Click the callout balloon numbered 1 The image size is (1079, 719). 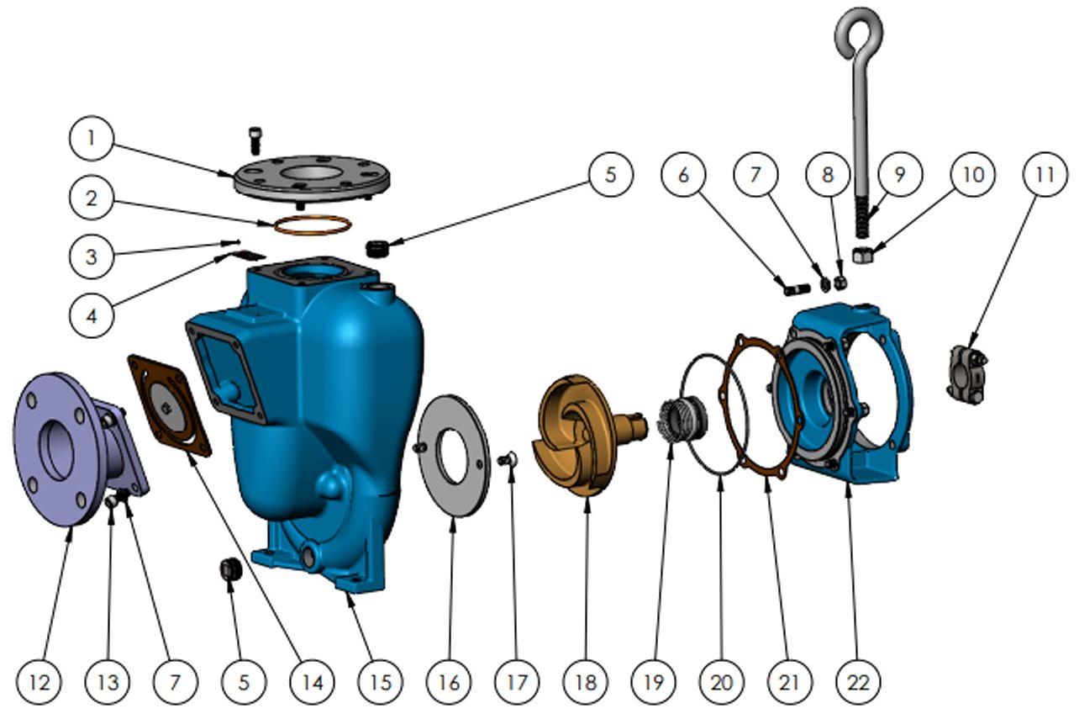[92, 138]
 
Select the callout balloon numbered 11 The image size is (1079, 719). [1045, 174]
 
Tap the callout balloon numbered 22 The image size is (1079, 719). [858, 682]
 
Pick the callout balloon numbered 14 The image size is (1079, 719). [312, 682]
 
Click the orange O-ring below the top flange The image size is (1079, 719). [312, 225]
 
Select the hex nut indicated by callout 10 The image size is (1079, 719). [862, 254]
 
